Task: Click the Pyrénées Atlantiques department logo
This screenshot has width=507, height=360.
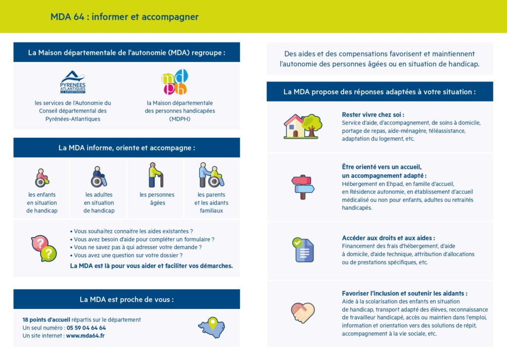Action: [73, 82]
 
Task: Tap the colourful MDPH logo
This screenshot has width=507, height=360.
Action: [175, 82]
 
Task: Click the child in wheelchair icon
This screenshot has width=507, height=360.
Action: [42, 177]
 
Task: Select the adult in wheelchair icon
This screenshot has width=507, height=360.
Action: [99, 177]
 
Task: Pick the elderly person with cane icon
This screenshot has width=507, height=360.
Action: [155, 175]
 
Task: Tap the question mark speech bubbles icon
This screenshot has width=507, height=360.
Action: [44, 248]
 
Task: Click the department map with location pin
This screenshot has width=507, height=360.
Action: [211, 327]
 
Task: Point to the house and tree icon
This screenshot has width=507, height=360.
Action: [303, 126]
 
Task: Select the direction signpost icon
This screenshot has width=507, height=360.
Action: [303, 187]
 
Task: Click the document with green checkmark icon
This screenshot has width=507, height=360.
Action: [303, 250]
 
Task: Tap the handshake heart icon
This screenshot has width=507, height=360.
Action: [303, 312]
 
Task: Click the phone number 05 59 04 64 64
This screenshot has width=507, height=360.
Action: [86, 328]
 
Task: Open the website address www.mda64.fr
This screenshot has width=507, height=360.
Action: [85, 336]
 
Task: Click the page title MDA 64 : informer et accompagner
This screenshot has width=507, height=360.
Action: [124, 17]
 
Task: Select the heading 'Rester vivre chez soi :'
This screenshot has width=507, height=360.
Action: [373, 114]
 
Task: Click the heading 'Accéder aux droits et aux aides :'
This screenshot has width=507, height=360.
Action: [388, 238]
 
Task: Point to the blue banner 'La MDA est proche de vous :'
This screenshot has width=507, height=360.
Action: [127, 299]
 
